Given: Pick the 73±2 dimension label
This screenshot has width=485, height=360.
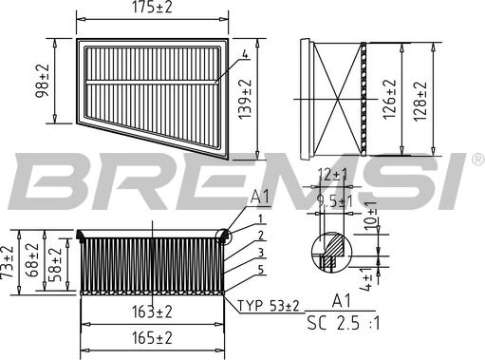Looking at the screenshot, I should (9, 260).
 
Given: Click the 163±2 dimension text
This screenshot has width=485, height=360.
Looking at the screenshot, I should (152, 311).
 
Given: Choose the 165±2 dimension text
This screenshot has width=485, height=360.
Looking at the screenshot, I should (152, 337).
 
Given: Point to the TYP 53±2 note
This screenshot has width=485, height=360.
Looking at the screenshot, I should (268, 305).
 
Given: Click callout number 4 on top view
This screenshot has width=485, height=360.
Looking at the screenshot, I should (244, 55).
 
